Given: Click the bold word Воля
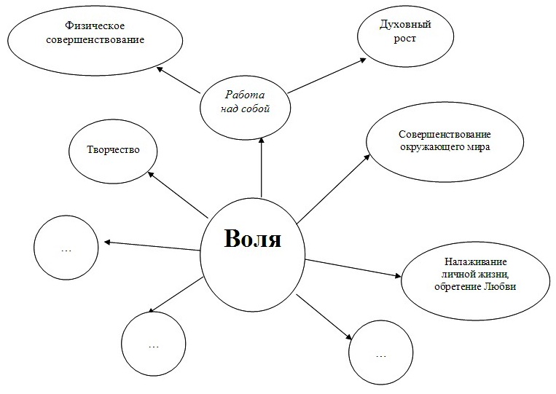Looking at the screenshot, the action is point(252,238).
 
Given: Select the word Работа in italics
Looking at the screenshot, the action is point(245,95).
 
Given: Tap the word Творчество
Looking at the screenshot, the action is point(113,149).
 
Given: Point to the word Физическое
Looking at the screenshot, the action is point(95,26).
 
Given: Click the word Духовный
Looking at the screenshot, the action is point(405,25).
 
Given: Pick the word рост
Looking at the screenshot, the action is point(405,39).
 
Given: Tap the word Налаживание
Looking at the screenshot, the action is point(476,262).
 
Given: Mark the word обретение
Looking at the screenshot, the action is point(458,286).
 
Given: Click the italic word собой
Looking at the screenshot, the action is point(256,109).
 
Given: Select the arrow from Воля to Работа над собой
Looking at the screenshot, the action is point(262,167).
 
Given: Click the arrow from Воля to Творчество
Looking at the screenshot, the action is point(177,194).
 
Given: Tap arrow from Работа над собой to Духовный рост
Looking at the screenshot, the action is point(327,76).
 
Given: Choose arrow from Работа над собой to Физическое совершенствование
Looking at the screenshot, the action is point(179,79).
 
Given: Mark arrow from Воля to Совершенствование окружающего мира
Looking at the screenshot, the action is point(333,189).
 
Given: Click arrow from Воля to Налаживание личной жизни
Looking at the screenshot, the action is point(353,268).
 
